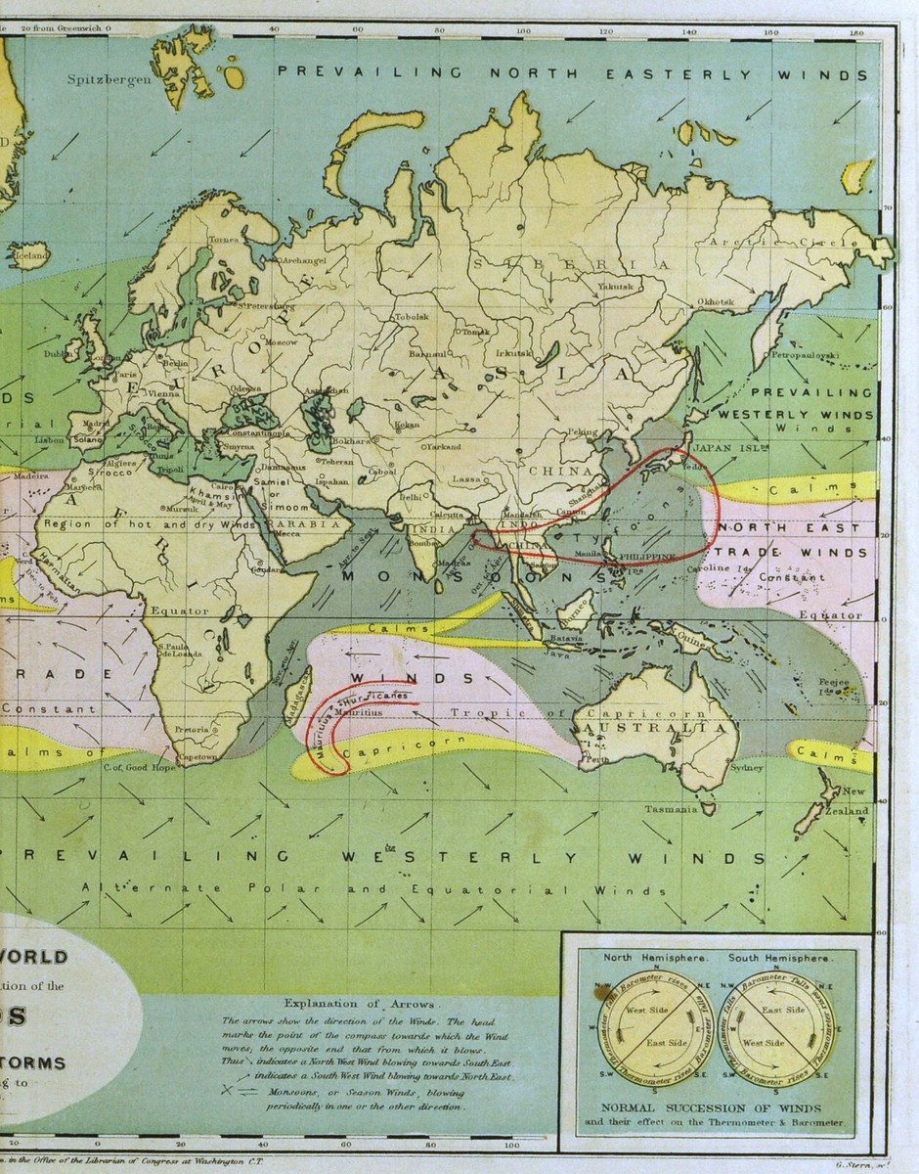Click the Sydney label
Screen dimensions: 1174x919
(x=745, y=768)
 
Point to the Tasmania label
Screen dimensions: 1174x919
(x=670, y=810)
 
